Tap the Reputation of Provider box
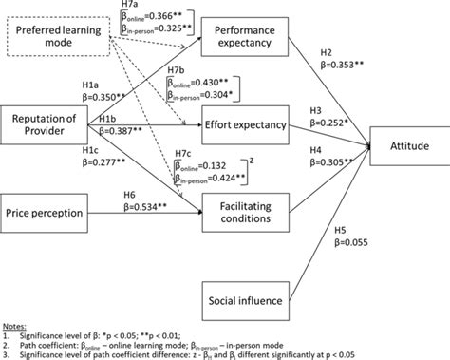(x=45, y=123)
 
